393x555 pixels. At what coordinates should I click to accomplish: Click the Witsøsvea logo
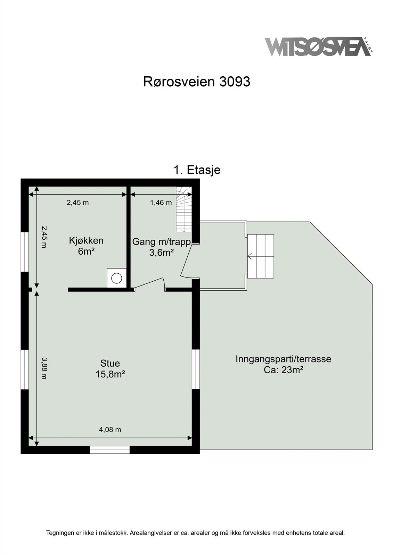(x=318, y=47)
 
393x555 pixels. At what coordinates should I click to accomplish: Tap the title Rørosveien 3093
(x=197, y=82)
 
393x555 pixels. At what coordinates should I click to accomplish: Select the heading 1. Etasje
(x=197, y=170)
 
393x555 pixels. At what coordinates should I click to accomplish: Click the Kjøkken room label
(x=86, y=240)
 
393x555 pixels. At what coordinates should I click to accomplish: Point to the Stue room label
(x=110, y=363)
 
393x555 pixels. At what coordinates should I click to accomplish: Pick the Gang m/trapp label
(x=162, y=242)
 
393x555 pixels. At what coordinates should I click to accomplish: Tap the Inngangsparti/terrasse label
(x=283, y=359)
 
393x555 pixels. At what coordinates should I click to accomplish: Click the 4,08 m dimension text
(x=110, y=429)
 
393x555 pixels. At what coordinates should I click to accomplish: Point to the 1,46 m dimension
(x=161, y=203)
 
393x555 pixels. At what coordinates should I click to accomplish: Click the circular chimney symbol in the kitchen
(x=116, y=278)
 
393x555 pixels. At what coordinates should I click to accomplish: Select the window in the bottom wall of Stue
(x=110, y=450)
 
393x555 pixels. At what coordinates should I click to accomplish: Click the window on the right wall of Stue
(x=196, y=369)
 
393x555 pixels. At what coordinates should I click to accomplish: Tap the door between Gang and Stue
(x=149, y=283)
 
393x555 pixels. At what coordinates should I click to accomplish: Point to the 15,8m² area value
(x=110, y=374)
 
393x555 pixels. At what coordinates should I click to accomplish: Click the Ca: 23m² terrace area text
(x=284, y=370)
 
